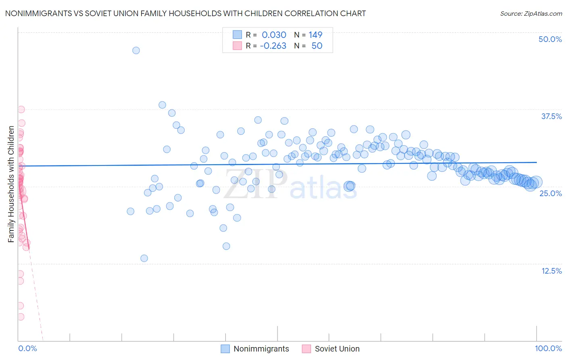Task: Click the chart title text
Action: [186, 13]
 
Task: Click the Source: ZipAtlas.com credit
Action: [531, 14]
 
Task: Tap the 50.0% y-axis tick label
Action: [550, 39]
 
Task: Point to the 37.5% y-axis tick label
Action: [551, 116]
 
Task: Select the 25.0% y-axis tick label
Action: [550, 193]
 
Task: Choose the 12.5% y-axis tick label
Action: [551, 271]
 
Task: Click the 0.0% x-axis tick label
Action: [27, 348]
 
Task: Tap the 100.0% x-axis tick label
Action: [548, 348]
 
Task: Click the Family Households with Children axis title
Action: [11, 184]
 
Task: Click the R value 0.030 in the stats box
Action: [274, 35]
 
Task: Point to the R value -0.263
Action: [273, 46]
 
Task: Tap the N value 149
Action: [315, 35]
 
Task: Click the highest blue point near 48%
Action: [136, 50]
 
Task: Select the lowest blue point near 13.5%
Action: [144, 258]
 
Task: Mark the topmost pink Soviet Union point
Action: [21, 109]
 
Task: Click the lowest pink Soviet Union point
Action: [20, 317]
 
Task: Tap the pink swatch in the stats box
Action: [237, 46]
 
